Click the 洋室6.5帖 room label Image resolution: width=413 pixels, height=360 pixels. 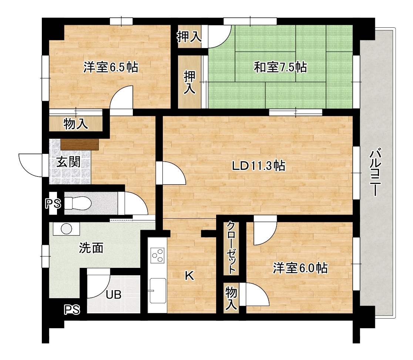(111, 67)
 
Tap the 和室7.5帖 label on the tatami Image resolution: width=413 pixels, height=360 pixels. (280, 67)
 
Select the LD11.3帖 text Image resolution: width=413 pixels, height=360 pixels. (258, 166)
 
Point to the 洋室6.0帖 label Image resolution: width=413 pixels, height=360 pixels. (300, 268)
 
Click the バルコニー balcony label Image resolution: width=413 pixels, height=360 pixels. (375, 173)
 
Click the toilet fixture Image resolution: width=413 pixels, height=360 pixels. (78, 203)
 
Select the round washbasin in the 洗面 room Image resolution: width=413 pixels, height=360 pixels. (66, 228)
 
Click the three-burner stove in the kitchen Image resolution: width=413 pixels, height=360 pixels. (158, 255)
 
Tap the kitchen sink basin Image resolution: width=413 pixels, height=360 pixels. (158, 291)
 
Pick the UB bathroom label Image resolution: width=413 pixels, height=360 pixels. (114, 295)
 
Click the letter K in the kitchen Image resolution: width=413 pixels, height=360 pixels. (189, 276)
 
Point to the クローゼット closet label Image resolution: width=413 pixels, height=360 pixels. (231, 247)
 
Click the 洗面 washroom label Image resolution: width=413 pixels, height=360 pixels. (91, 248)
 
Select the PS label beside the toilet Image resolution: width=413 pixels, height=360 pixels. (53, 203)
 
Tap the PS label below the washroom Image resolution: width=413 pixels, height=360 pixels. (72, 310)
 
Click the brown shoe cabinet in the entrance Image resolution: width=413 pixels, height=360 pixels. (80, 144)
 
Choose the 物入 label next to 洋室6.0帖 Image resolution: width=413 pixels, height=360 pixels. (231, 298)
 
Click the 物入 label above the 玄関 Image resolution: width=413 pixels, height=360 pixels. (76, 124)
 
